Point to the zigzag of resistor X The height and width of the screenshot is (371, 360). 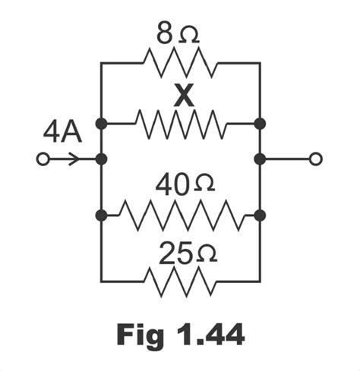click(x=181, y=121)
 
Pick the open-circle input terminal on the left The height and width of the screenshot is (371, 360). click(x=43, y=159)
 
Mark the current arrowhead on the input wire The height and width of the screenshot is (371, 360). click(x=74, y=159)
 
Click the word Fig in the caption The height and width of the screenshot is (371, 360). click(x=140, y=333)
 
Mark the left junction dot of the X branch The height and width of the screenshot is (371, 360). click(x=102, y=122)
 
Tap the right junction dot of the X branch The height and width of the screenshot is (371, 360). click(x=260, y=122)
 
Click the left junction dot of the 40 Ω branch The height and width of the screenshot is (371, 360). click(x=102, y=215)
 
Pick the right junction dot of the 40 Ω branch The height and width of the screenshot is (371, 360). click(x=260, y=215)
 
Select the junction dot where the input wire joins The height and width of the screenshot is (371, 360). click(x=102, y=159)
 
